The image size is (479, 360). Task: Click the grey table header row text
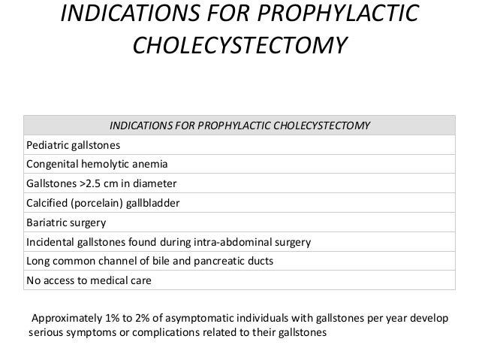click(x=239, y=125)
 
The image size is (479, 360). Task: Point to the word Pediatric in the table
click(x=47, y=144)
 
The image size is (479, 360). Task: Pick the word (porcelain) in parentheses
click(x=98, y=203)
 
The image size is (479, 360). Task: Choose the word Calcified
click(x=47, y=203)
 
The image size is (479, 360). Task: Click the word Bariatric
click(x=47, y=223)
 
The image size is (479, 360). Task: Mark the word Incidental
click(x=50, y=243)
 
